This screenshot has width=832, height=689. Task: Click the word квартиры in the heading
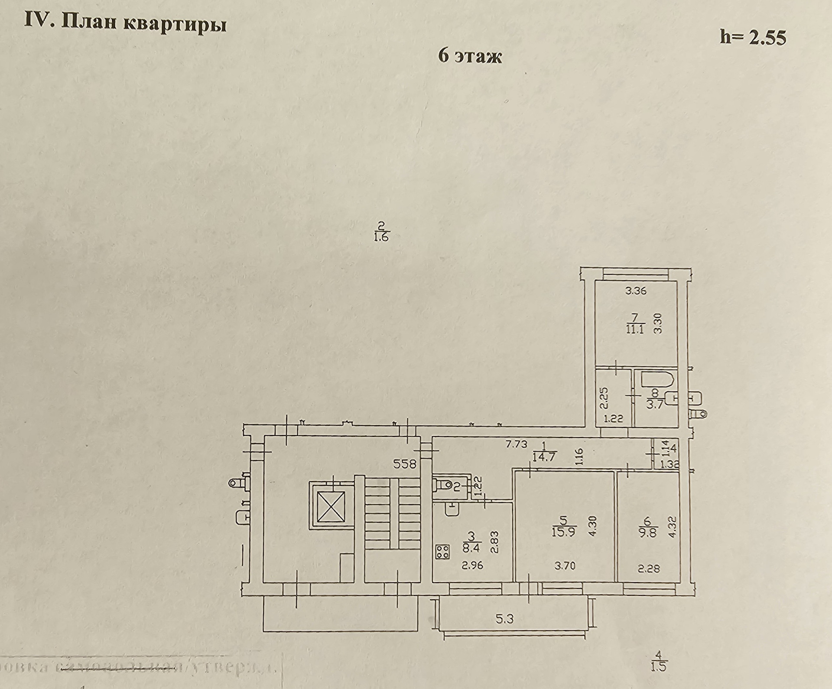click(175, 24)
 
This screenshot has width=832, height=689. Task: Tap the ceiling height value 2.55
click(764, 38)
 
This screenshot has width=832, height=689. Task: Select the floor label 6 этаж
click(470, 57)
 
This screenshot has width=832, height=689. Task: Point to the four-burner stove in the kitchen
click(443, 551)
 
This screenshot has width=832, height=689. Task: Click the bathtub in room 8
click(656, 380)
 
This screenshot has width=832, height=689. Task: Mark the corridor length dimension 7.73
click(516, 444)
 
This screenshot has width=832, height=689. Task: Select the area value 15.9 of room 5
click(563, 532)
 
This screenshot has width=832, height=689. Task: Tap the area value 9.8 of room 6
click(648, 532)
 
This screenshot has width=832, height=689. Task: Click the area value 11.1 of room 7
click(635, 329)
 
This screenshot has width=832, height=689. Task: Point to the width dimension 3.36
click(636, 291)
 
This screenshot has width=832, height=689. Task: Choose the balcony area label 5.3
click(505, 619)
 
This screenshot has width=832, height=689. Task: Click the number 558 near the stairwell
click(404, 464)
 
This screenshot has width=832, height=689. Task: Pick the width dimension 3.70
click(565, 565)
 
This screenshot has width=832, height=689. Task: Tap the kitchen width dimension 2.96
click(472, 565)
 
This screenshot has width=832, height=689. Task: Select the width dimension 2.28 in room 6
click(649, 568)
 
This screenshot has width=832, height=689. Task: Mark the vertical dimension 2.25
click(605, 398)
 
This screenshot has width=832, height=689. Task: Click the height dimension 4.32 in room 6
click(672, 526)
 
